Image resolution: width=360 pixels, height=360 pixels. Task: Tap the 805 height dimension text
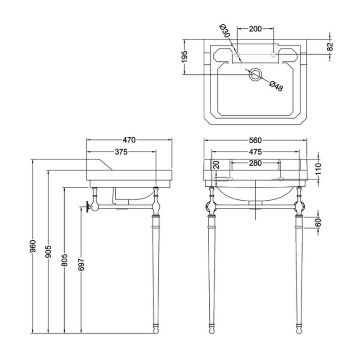[64, 261]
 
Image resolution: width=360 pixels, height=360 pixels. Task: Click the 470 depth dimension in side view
[130, 140]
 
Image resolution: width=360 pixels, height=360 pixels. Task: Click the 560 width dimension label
[256, 140]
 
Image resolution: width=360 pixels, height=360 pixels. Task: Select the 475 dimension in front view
[256, 152]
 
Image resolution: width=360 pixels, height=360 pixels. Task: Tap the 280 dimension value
[255, 163]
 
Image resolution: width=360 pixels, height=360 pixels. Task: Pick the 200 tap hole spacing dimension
[255, 29]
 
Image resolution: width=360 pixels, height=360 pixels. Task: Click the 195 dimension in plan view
[184, 57]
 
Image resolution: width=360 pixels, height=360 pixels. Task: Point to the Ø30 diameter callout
[225, 32]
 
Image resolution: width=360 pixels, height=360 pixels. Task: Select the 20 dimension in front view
[217, 165]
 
